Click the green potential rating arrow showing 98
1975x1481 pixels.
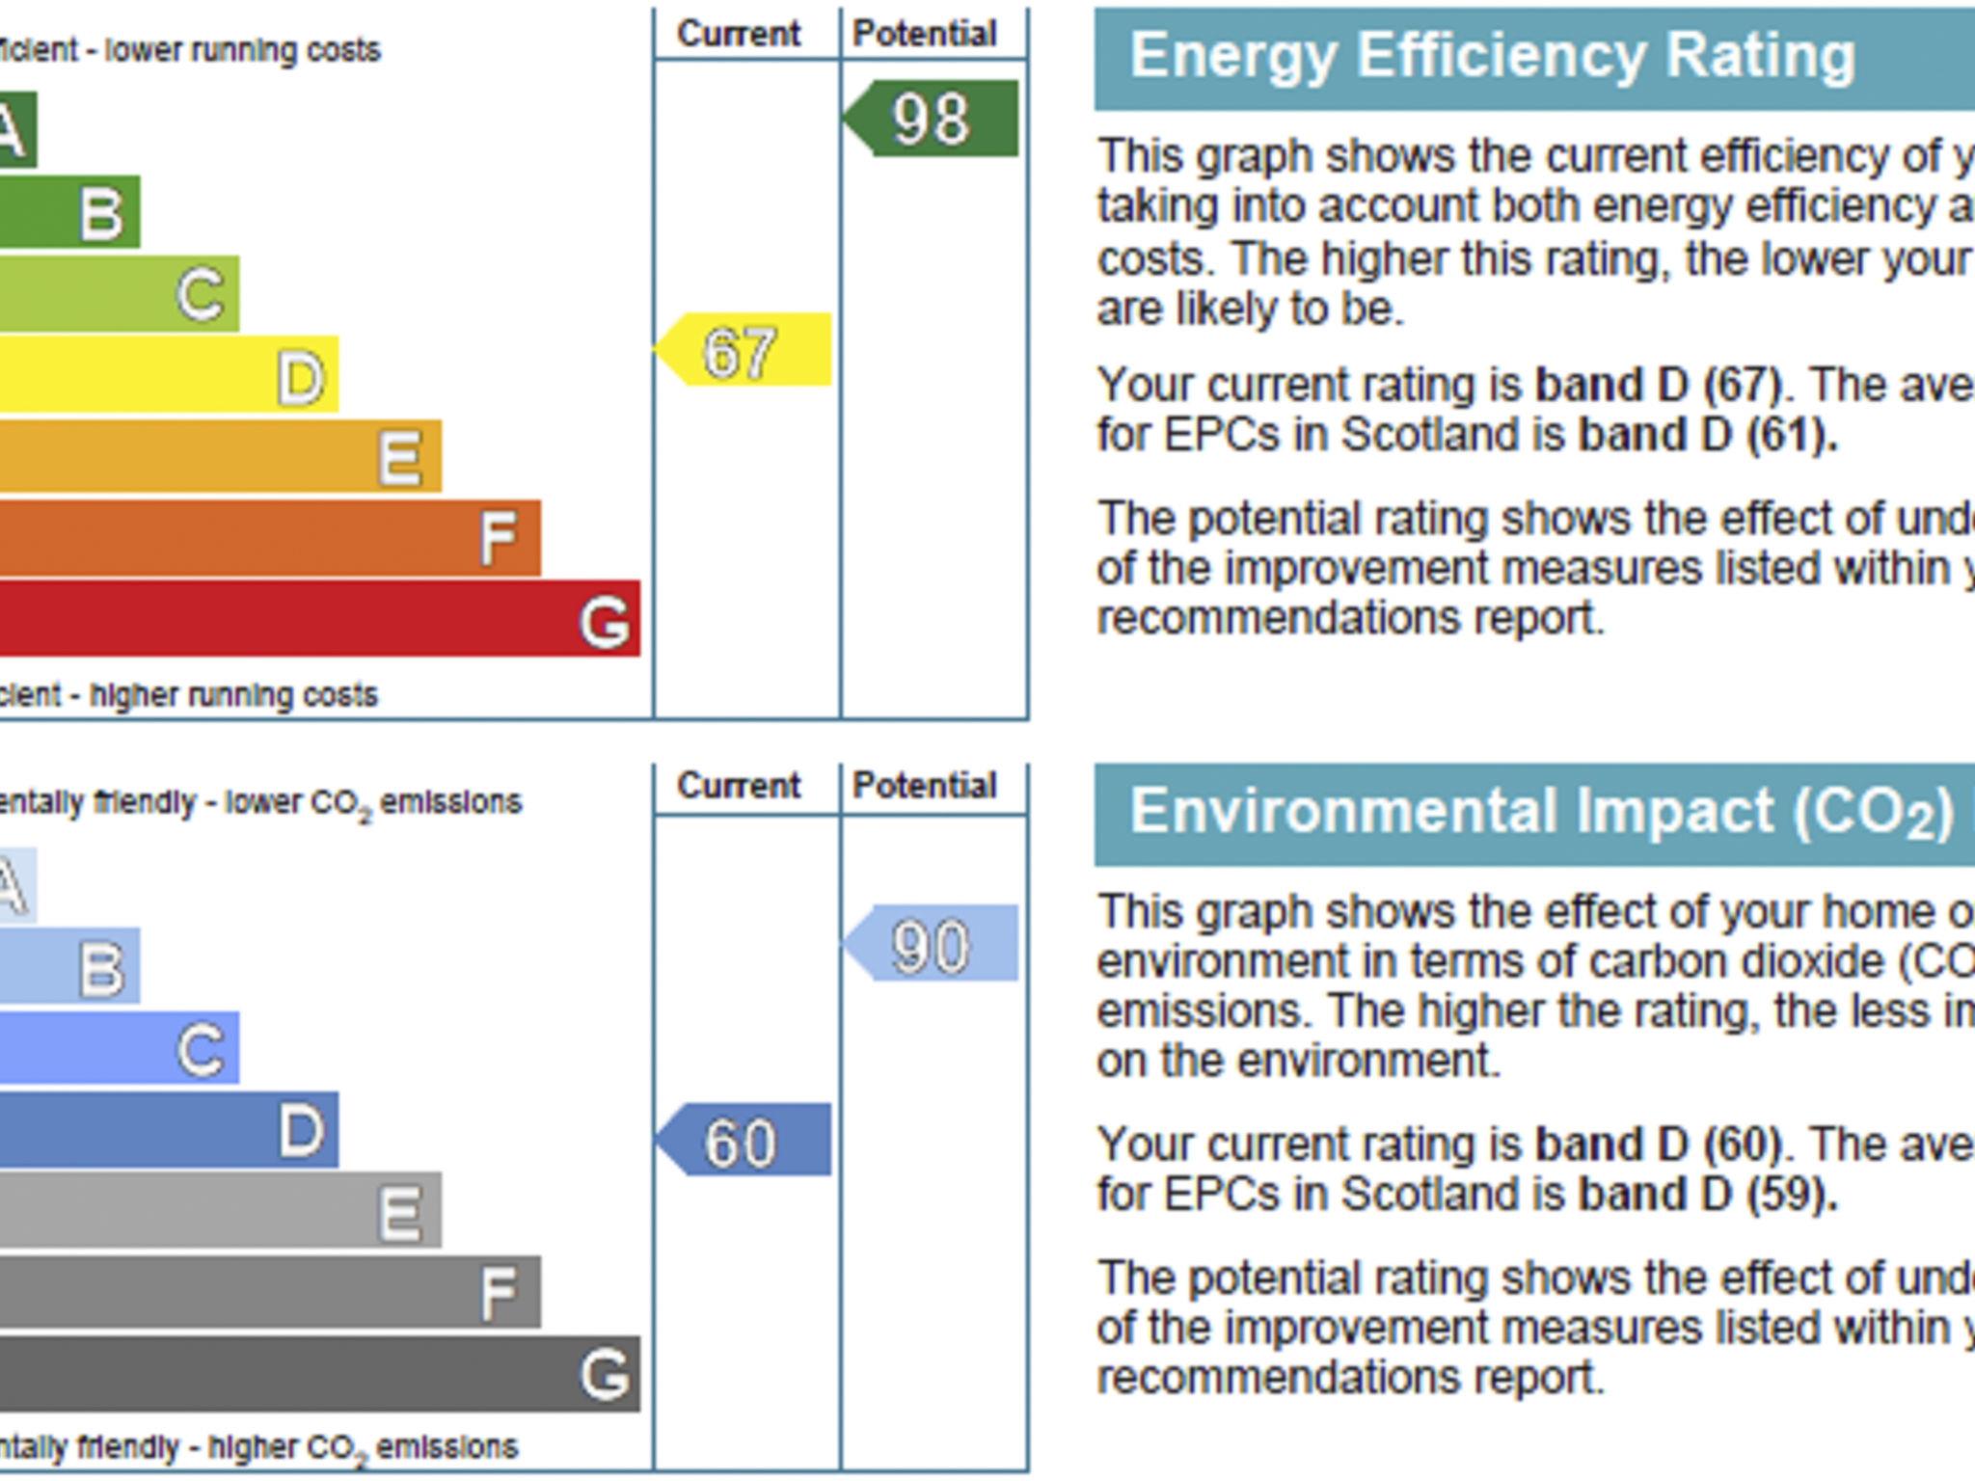pos(932,119)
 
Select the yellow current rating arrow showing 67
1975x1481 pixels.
pos(743,350)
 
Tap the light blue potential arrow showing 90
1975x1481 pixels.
pos(932,944)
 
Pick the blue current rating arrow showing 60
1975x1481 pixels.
pos(743,1141)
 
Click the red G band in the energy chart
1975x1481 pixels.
pos(318,619)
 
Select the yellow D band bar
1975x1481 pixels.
pos(168,375)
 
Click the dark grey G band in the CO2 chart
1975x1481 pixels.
pos(318,1374)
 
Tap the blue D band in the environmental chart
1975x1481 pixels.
pos(168,1130)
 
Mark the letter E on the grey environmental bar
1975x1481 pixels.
pos(399,1212)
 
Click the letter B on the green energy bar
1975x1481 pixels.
pos(102,213)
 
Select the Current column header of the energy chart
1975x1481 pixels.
pos(739,34)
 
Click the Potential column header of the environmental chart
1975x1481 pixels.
pos(924,786)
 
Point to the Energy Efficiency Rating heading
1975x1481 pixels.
pos(1491,56)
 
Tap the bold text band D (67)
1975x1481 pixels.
pos(1657,386)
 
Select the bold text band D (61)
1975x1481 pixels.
pos(1707,435)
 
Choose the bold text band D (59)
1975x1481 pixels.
pos(1707,1195)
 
